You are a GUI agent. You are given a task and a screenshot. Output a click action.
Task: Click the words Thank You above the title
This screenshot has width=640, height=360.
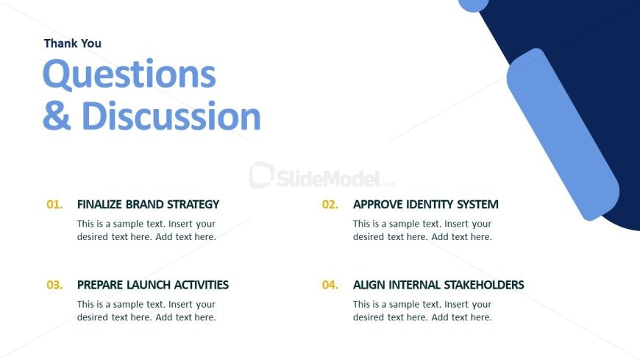pyautogui.click(x=73, y=43)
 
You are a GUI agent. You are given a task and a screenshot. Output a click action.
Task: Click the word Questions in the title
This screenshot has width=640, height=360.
pyautogui.click(x=129, y=75)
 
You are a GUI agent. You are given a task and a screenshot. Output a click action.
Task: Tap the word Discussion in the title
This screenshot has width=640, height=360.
pyautogui.click(x=171, y=116)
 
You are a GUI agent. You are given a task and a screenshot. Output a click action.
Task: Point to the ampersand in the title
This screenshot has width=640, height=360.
pyautogui.click(x=57, y=116)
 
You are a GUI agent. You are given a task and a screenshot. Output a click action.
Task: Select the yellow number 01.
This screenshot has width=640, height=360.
pyautogui.click(x=54, y=205)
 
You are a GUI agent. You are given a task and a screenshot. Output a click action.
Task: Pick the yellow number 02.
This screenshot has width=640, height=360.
pyautogui.click(x=330, y=205)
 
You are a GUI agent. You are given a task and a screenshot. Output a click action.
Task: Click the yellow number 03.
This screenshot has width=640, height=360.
pyautogui.click(x=54, y=285)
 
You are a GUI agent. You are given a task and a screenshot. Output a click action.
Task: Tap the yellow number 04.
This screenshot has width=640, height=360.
pyautogui.click(x=330, y=285)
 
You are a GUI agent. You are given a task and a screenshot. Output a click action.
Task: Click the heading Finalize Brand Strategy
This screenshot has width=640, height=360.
pyautogui.click(x=148, y=205)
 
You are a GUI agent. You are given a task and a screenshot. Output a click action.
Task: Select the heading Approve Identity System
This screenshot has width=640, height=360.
pyautogui.click(x=426, y=205)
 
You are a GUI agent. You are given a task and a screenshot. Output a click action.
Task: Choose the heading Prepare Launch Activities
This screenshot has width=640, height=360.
pyautogui.click(x=153, y=285)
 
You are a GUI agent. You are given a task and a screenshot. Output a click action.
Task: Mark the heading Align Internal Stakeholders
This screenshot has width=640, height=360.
pyautogui.click(x=438, y=285)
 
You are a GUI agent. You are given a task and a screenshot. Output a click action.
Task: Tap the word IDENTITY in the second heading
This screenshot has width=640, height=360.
pyautogui.click(x=429, y=205)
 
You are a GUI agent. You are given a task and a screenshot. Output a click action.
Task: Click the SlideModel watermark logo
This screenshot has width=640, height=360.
pyautogui.click(x=322, y=176)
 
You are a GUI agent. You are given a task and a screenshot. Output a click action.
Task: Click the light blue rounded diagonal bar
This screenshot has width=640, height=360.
pyautogui.click(x=563, y=135)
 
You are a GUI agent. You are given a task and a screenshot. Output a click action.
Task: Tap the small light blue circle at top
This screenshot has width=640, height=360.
pyautogui.click(x=474, y=4)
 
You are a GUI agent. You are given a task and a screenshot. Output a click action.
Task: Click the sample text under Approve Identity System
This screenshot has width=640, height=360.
pyautogui.click(x=422, y=230)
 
